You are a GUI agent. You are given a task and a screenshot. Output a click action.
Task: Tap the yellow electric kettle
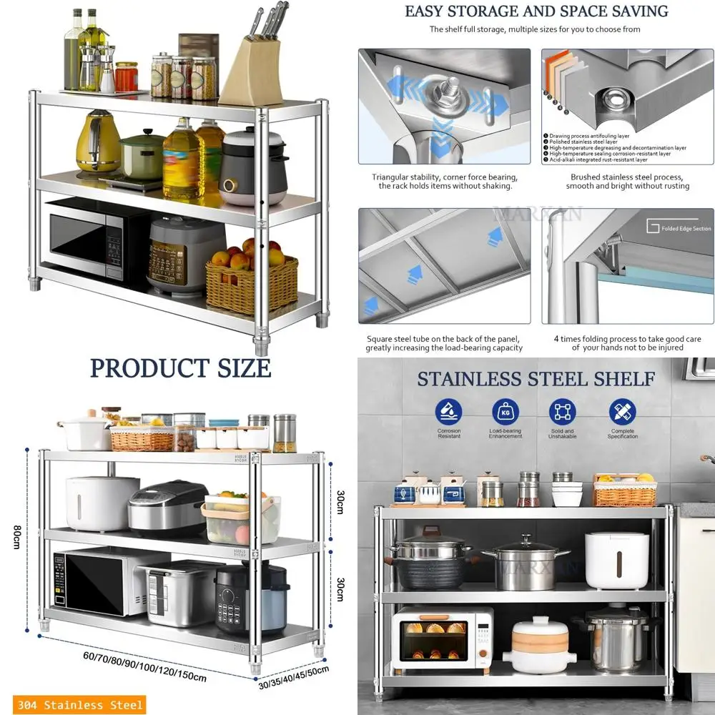point(98,142)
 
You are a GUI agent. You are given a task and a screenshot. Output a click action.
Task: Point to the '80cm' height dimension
point(16,536)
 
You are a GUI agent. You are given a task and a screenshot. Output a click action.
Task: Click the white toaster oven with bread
point(443,636)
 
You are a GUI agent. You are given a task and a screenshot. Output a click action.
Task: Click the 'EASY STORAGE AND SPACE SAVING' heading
point(536,11)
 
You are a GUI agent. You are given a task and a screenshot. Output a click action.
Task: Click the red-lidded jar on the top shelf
point(127,77)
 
